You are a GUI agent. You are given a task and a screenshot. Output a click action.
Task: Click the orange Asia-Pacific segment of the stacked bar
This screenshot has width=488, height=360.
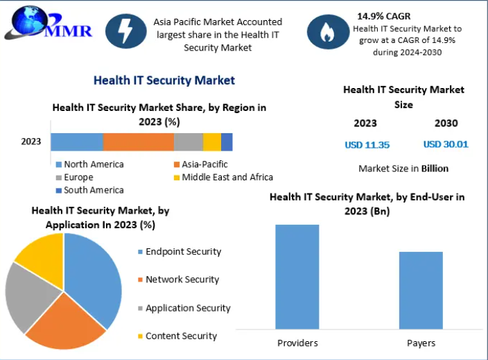pyautogui.click(x=139, y=142)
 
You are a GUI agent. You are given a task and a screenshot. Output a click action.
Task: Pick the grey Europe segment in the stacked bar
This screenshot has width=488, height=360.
pyautogui.click(x=188, y=142)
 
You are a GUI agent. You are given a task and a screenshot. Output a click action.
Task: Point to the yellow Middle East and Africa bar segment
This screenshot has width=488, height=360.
pyautogui.click(x=212, y=142)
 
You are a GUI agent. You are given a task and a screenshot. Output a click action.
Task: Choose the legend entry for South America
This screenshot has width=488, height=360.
pyautogui.click(x=89, y=190)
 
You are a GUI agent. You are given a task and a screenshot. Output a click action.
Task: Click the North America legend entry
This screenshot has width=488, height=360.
pyautogui.click(x=89, y=164)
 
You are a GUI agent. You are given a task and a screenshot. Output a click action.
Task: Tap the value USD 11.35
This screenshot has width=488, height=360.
pyautogui.click(x=367, y=145)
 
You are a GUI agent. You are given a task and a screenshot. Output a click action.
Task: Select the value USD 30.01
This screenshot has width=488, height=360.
pyautogui.click(x=446, y=145)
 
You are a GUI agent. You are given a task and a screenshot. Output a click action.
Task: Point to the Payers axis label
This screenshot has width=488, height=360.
pyautogui.click(x=421, y=343)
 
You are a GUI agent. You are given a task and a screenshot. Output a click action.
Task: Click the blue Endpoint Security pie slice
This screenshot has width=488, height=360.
pyautogui.click(x=94, y=274)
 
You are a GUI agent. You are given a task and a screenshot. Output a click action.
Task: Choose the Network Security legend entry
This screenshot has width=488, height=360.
pyautogui.click(x=182, y=280)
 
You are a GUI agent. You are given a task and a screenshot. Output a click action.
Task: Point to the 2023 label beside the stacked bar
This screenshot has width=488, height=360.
pyautogui.click(x=31, y=142)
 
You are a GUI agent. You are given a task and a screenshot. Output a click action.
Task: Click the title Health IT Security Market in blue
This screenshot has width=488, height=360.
pyautogui.click(x=164, y=80)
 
